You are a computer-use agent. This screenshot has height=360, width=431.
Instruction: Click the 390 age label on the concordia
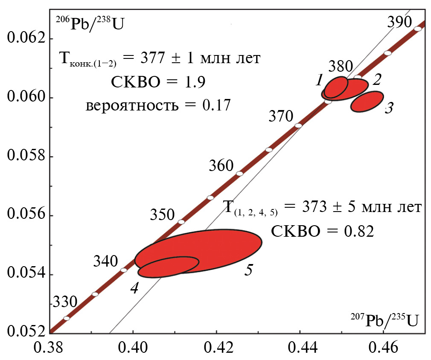click(399, 22)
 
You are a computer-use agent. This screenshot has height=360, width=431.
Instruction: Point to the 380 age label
click(341, 66)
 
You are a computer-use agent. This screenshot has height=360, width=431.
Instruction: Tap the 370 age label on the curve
click(281, 116)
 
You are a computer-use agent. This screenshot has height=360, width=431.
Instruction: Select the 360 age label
click(221, 165)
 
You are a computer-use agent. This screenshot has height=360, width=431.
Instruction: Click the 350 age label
click(162, 215)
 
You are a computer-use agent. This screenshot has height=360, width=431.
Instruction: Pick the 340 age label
click(105, 261)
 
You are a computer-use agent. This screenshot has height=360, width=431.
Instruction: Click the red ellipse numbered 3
click(367, 102)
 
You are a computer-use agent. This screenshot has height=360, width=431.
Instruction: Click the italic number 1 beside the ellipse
click(319, 80)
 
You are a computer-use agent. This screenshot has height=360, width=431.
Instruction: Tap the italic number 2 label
click(376, 79)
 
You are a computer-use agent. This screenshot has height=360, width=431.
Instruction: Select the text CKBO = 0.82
click(323, 231)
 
